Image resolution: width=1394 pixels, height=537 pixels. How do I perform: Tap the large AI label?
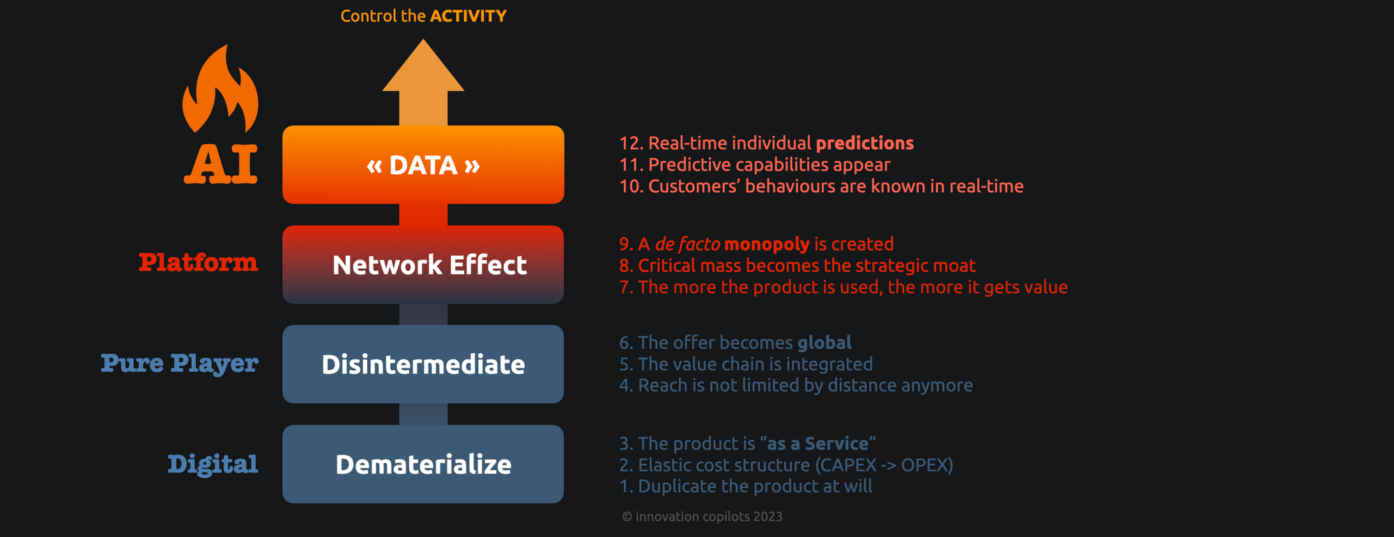[221, 164]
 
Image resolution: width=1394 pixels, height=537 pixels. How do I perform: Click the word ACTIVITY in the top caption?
[468, 16]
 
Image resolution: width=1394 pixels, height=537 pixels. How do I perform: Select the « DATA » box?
[423, 165]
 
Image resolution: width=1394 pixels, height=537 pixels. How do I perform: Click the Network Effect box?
[423, 265]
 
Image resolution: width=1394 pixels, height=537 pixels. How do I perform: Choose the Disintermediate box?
[423, 364]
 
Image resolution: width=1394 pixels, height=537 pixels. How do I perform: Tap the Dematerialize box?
[423, 464]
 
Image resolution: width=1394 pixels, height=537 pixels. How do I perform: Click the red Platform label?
[198, 263]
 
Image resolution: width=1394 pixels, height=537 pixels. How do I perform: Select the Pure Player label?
[179, 363]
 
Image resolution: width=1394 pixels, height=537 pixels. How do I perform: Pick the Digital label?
[213, 464]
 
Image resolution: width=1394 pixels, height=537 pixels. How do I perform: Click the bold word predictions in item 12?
[864, 143]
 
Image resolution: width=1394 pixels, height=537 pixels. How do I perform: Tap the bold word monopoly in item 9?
[767, 244]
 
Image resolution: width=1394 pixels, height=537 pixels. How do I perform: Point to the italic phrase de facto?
[687, 244]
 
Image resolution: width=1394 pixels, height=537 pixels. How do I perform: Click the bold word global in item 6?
[825, 343]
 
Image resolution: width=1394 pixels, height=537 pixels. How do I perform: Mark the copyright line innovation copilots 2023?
[702, 517]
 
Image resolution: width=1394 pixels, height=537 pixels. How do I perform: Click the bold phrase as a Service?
[818, 444]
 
